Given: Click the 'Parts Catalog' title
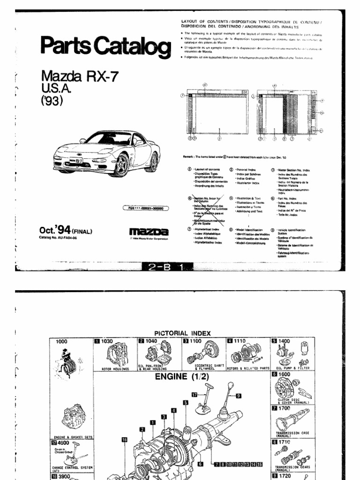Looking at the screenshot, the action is point(106,47).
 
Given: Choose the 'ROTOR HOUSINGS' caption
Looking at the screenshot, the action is point(114,369).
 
